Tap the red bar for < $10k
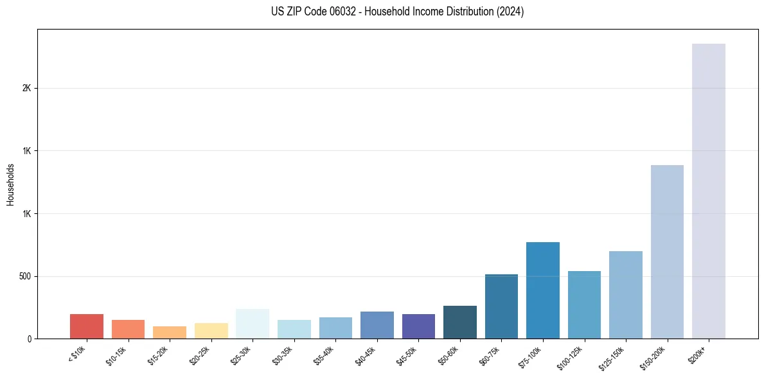point(87,326)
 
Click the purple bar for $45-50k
point(418,326)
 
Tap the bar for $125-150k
point(625,295)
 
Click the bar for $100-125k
point(584,304)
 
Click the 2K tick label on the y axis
point(26,88)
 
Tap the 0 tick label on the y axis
point(29,339)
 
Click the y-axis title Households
point(10,184)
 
